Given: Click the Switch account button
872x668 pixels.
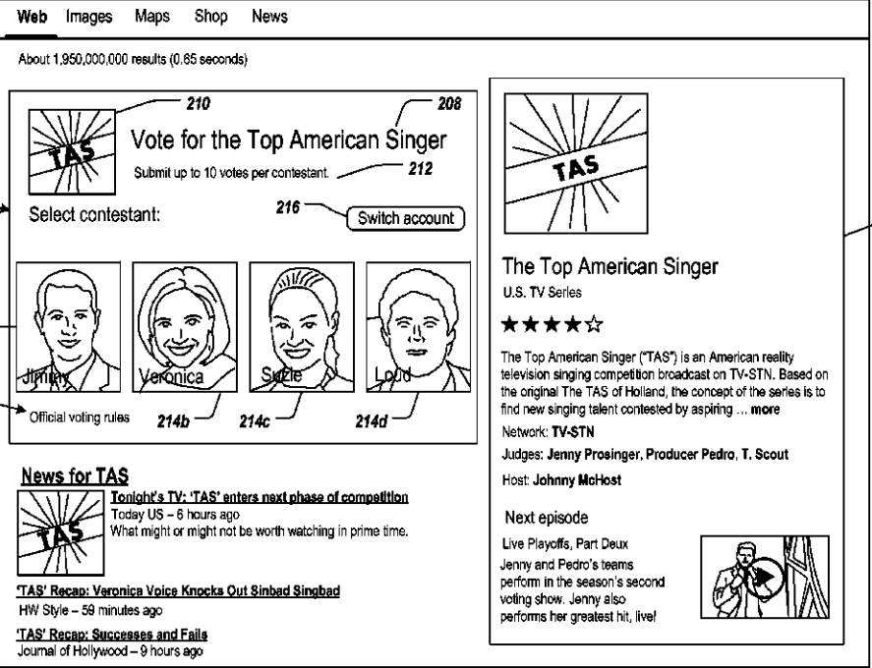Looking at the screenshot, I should pyautogui.click(x=404, y=218).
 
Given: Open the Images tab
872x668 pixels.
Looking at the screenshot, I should pyautogui.click(x=88, y=17).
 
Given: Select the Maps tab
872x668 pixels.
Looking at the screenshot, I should pyautogui.click(x=153, y=17).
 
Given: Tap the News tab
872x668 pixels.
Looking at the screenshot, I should pyautogui.click(x=269, y=17).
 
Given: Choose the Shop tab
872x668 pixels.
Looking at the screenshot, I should pyautogui.click(x=211, y=17).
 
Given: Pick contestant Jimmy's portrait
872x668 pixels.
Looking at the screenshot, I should pyautogui.click(x=69, y=326).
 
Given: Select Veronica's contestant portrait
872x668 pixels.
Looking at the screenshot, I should pyautogui.click(x=185, y=326).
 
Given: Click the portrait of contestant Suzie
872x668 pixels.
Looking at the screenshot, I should pyautogui.click(x=301, y=326).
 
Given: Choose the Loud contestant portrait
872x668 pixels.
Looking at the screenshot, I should pyautogui.click(x=417, y=326).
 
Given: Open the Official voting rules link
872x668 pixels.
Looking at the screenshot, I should pyautogui.click(x=80, y=417).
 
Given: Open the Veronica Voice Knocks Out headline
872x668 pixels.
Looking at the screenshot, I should pyautogui.click(x=179, y=590).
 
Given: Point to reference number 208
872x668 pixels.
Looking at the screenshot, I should pyautogui.click(x=450, y=102).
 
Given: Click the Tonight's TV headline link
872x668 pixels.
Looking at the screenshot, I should pyautogui.click(x=260, y=497).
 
